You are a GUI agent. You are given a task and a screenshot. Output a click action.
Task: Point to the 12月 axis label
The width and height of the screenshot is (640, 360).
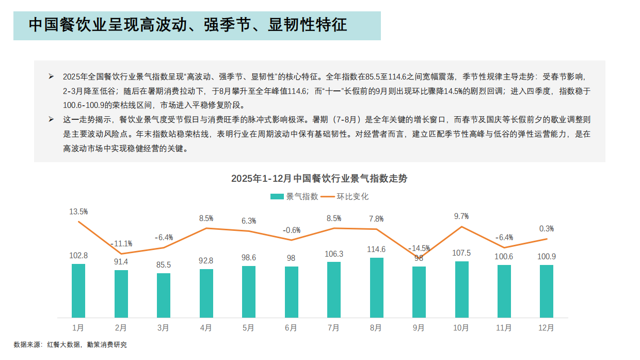pos(546,327)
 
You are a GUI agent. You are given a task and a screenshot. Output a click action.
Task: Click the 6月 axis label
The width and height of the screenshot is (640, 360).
pos(291,327)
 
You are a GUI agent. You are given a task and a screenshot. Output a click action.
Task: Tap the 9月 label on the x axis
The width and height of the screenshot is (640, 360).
pos(419,327)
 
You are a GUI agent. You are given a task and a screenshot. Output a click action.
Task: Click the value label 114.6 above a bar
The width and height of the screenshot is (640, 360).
pos(377,249)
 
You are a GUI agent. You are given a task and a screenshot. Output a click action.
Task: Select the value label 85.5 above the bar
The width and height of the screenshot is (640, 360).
pos(164,264)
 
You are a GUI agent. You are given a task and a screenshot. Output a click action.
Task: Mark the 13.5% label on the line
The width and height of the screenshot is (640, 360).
pos(78,211)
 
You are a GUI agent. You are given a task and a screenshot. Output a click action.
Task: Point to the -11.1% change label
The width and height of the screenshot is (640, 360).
pos(121,243)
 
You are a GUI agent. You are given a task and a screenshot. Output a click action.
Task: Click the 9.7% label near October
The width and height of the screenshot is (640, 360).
pos(461,216)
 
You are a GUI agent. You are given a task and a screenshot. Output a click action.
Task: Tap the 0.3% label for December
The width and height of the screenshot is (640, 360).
pos(546,228)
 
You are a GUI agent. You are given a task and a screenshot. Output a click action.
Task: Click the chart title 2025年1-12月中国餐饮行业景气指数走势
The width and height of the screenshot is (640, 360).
pos(319,179)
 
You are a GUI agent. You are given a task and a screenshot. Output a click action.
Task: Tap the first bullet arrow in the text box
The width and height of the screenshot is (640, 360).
pos(51,76)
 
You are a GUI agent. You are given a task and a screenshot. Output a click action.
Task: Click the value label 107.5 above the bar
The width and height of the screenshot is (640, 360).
pos(461,253)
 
